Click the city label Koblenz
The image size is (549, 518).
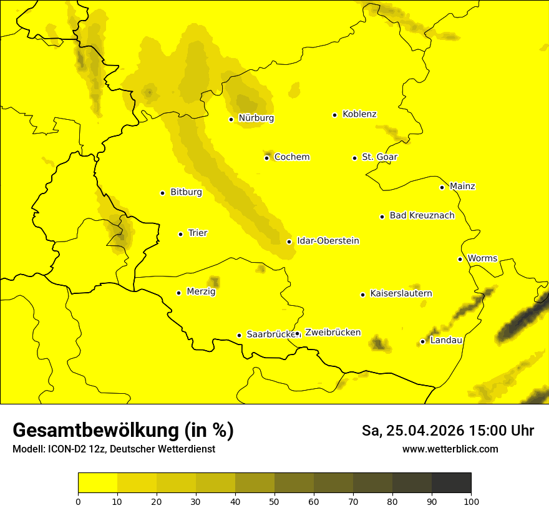click(x=359, y=114)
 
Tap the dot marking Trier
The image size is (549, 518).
click(x=181, y=234)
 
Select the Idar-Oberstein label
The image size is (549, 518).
click(x=328, y=241)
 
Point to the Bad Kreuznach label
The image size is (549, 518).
click(x=422, y=216)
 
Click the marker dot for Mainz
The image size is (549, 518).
click(x=442, y=187)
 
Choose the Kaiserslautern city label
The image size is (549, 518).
click(x=401, y=294)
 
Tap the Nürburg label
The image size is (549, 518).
click(x=256, y=118)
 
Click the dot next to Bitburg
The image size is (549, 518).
click(x=162, y=193)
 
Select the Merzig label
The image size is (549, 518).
click(x=202, y=291)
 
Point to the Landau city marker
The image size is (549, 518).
click(x=423, y=341)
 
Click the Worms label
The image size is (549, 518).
click(x=482, y=258)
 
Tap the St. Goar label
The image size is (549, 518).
click(x=379, y=157)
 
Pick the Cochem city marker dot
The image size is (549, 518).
click(x=267, y=158)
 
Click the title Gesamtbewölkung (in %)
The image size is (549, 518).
click(x=123, y=431)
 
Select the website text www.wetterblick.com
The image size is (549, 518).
click(x=450, y=449)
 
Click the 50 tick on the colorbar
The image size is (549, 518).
click(x=274, y=501)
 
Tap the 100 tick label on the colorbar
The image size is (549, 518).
click(x=471, y=501)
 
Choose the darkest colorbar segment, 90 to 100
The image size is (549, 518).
click(x=451, y=482)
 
